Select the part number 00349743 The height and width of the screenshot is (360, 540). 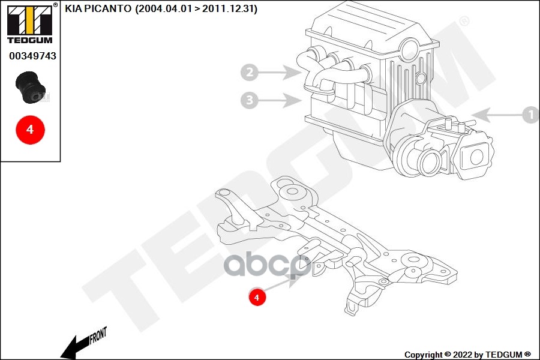32,56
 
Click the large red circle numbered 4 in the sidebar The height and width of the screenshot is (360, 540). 30,129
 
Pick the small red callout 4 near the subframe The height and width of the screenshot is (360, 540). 257,296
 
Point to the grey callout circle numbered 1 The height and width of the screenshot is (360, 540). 530,113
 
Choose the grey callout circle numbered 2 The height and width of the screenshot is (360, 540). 250,73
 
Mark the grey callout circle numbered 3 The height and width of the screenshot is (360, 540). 250,100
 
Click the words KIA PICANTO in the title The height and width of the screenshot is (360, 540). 99,10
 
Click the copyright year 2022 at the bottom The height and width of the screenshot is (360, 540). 459,355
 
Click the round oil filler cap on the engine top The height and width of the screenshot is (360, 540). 410,46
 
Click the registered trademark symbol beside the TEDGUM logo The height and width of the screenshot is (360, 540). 55,5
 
